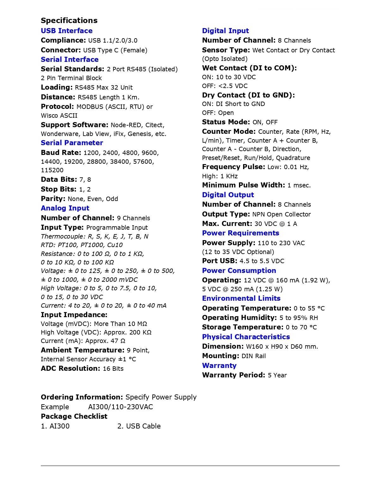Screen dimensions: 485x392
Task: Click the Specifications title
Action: (69, 21)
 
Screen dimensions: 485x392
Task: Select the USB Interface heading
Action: (66, 31)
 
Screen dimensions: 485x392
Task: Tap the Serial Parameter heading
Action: (72, 143)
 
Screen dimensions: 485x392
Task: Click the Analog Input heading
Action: (65, 208)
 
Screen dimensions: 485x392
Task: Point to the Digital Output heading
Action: (228, 195)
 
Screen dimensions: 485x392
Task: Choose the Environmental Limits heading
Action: (241, 298)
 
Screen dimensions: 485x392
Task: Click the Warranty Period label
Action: (234, 375)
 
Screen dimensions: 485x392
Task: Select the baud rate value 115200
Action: (52, 170)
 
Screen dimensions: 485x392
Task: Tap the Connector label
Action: (61, 50)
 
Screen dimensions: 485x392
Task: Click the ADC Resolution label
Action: (70, 368)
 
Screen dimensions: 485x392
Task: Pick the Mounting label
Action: (220, 356)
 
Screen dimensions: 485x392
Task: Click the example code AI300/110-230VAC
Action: (120, 407)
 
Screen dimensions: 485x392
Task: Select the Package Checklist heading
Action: (74, 416)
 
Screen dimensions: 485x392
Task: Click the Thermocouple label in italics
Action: (63, 236)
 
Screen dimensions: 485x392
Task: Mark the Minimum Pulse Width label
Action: (243, 185)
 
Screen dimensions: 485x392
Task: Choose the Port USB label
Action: (219, 261)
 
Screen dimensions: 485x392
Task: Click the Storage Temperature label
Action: (242, 327)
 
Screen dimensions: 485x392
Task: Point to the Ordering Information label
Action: (82, 397)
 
